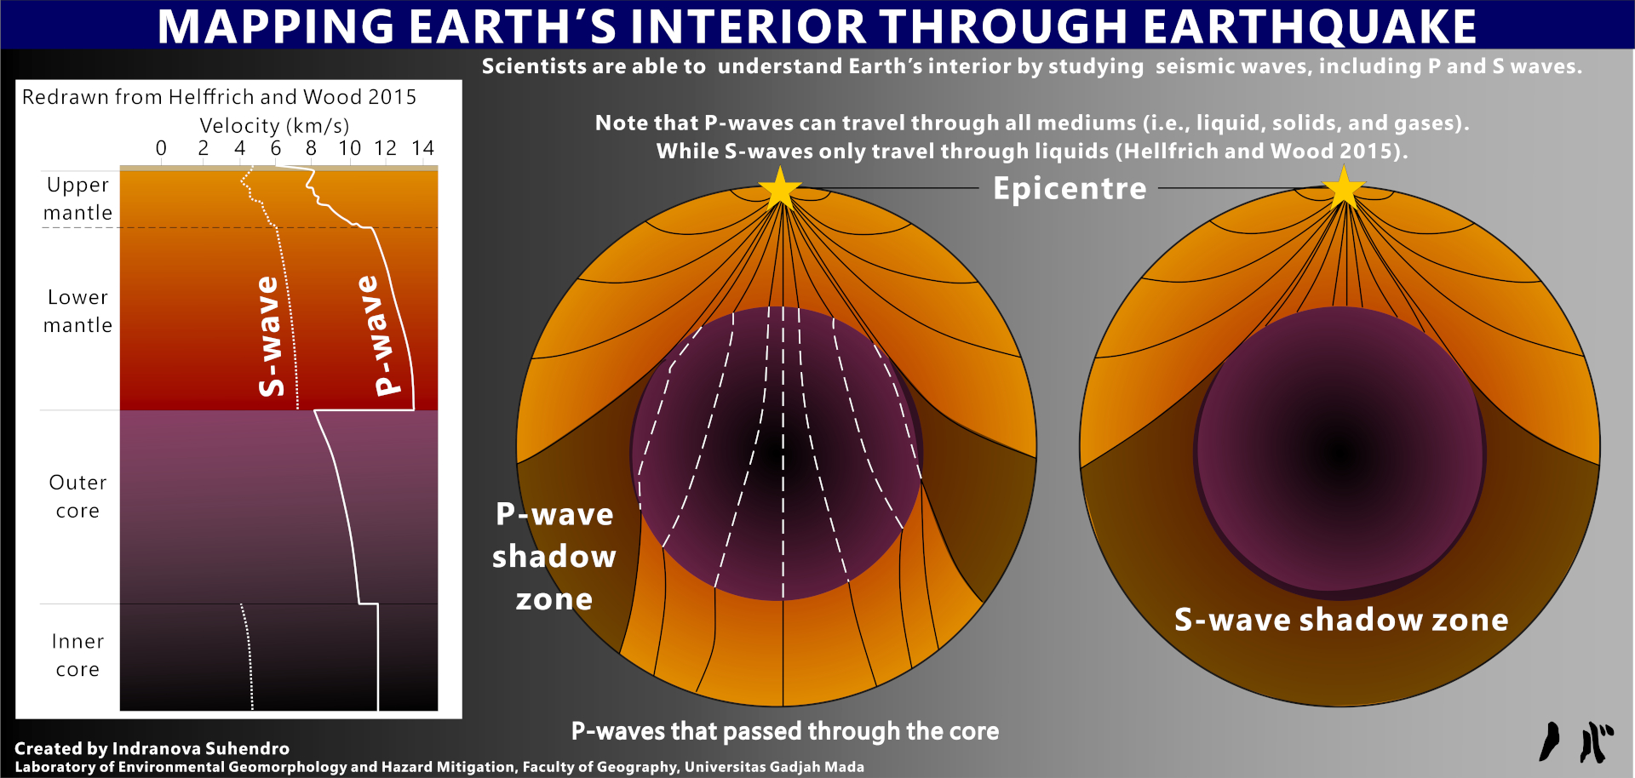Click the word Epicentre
1070,188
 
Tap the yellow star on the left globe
779,188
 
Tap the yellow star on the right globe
1344,187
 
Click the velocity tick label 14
423,148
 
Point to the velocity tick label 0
161,148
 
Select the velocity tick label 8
311,148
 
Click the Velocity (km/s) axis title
274,126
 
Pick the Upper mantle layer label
77,198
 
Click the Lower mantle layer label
77,311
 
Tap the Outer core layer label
77,496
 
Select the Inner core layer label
77,655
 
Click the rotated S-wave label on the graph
270,336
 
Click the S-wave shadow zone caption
1341,620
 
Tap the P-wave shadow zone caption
554,556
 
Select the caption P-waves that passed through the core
785,731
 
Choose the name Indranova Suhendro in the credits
201,748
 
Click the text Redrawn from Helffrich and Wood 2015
219,97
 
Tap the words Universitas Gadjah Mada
774,767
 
